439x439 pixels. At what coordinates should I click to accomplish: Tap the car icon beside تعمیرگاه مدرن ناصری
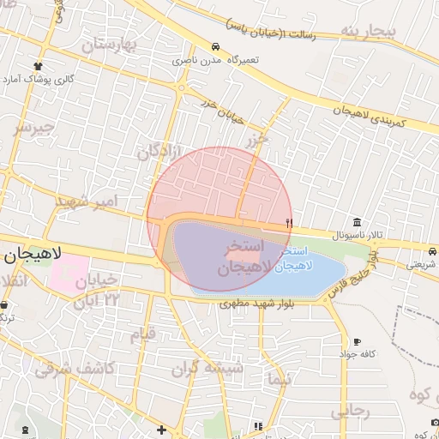click(x=214, y=47)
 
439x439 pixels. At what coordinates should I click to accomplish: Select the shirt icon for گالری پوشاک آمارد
click(x=39, y=66)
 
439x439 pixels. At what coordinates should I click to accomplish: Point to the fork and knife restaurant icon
click(x=289, y=222)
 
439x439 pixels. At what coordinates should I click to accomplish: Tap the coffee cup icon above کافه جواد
click(x=357, y=341)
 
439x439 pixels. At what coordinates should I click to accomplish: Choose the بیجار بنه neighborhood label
click(x=369, y=33)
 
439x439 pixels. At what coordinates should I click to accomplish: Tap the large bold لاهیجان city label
click(x=32, y=254)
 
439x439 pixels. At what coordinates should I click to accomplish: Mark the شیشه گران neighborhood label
click(x=207, y=369)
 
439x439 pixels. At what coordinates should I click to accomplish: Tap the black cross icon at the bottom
click(x=161, y=429)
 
